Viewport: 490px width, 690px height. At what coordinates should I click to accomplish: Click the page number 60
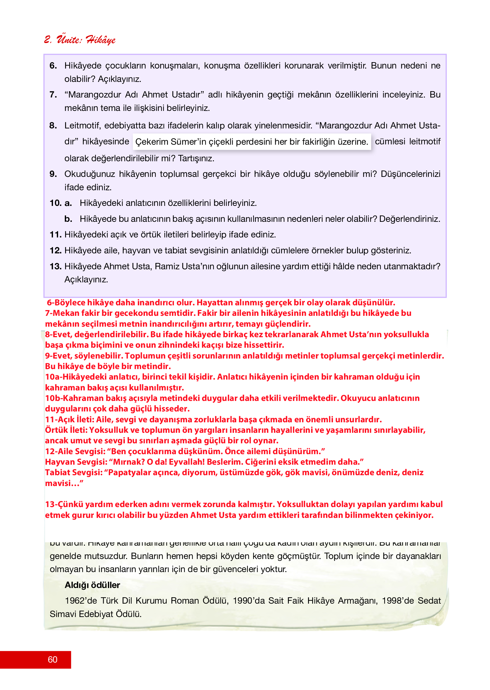52,659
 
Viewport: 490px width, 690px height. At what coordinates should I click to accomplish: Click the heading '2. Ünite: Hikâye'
80,40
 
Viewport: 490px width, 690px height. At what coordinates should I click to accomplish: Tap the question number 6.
53,66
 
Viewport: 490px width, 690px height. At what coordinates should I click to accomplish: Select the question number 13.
56,266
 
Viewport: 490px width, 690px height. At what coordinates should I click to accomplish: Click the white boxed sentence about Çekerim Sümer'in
252,142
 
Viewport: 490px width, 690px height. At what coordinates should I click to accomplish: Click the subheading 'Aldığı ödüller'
92,585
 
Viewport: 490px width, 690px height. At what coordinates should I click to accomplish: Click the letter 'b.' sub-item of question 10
68,219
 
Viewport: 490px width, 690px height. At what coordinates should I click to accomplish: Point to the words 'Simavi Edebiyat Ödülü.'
95,614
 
